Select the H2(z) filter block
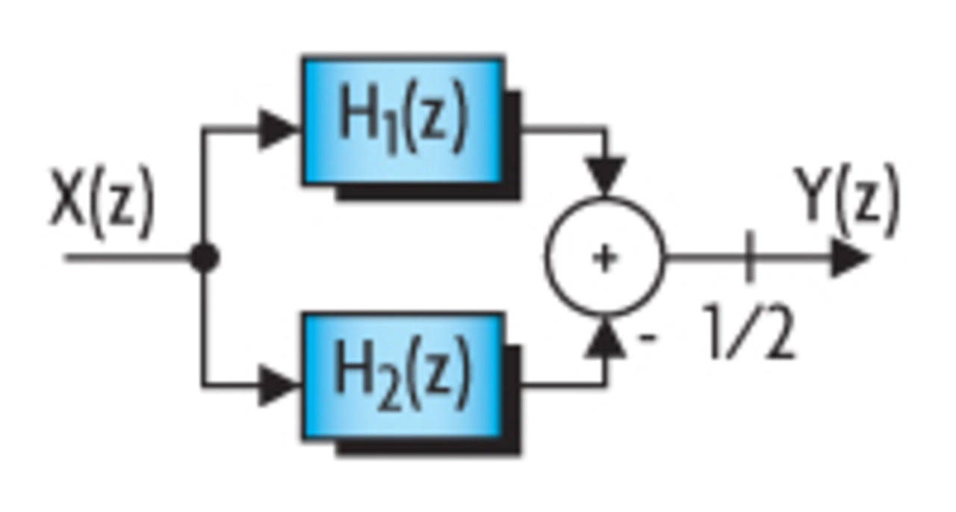(403, 375)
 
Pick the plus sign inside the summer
(605, 258)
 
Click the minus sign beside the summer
(648, 338)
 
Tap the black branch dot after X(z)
(203, 258)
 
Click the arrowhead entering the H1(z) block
(279, 129)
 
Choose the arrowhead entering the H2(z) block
(279, 386)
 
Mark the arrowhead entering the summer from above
(606, 176)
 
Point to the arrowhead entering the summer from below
(606, 339)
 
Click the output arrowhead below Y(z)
(849, 259)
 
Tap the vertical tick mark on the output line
(749, 257)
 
